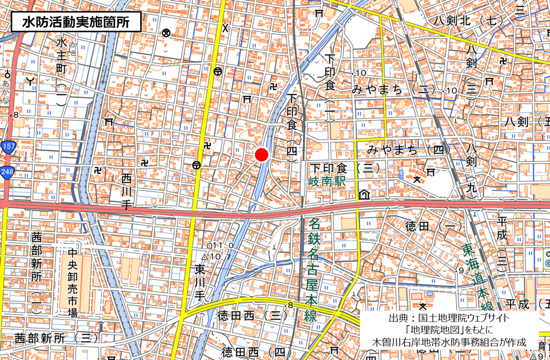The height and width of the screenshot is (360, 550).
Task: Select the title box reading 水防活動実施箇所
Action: tap(76, 22)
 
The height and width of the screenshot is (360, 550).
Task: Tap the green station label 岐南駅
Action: tap(326, 182)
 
